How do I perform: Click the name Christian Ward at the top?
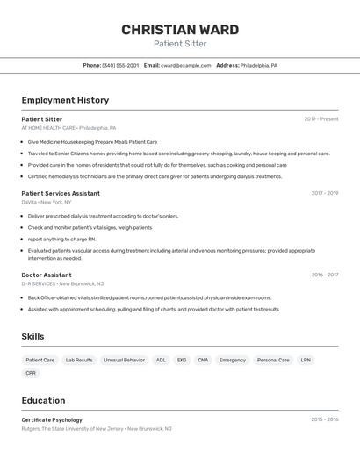point(180,30)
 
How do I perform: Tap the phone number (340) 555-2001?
point(119,66)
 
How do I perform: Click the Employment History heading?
point(65,100)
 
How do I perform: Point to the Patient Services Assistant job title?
point(61,193)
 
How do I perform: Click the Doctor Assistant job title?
point(47,275)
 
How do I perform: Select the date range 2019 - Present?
point(320,119)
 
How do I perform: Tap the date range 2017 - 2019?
point(324,193)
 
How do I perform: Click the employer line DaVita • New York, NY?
point(47,202)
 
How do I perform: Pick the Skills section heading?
point(32,336)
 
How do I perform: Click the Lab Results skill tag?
point(79,360)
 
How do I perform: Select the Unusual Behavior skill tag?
point(124,360)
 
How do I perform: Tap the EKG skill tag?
point(182,360)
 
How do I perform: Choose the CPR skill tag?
point(31,373)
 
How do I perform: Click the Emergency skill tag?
point(233,360)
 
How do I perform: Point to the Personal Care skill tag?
point(273,360)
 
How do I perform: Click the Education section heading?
point(43,401)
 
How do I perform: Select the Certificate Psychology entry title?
point(52,420)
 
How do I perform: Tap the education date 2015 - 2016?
point(324,420)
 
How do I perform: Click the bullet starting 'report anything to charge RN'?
point(61,239)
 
